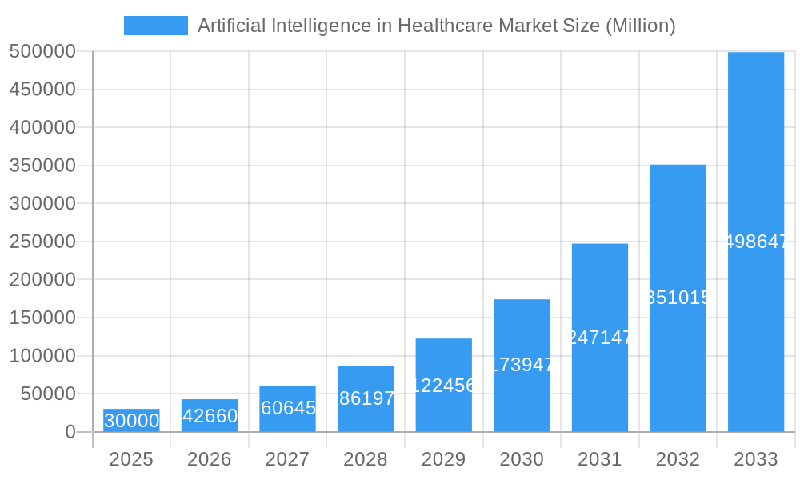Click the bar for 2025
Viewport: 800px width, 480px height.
(131, 421)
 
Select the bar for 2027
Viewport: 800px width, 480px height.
(287, 409)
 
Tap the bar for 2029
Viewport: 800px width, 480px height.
(443, 385)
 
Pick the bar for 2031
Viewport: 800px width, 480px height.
(599, 338)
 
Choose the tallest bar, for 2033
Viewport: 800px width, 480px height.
(755, 242)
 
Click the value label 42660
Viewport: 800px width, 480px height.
(210, 416)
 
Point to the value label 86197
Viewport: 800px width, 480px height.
(366, 398)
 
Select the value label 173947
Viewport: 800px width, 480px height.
(522, 365)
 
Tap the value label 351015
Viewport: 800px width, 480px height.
(678, 298)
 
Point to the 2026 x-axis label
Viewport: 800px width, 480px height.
(210, 459)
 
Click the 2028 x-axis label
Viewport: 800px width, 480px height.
(366, 459)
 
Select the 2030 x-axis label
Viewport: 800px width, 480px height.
(522, 459)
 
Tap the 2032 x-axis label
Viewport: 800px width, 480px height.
(678, 459)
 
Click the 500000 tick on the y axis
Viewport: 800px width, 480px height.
(42, 52)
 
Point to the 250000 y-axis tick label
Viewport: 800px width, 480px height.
(42, 242)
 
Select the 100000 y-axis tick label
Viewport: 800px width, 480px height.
(42, 356)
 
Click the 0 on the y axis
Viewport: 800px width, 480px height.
(70, 432)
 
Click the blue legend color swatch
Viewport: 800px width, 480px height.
(156, 26)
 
